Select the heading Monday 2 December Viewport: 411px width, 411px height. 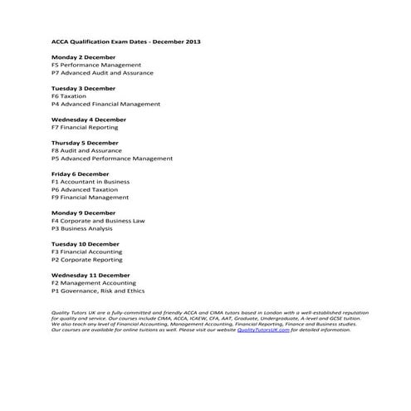coord(83,56)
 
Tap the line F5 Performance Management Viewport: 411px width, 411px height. coord(95,65)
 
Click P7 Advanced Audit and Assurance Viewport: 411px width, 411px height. coord(102,73)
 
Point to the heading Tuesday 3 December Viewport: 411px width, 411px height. coord(83,88)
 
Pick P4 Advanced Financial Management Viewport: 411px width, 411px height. coord(105,105)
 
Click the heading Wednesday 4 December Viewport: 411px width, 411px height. coord(89,120)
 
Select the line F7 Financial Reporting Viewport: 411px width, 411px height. coord(85,127)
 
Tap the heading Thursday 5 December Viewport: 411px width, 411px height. coord(85,143)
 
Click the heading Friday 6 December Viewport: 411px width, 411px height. coord(80,174)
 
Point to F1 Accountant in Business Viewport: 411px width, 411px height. coord(91,181)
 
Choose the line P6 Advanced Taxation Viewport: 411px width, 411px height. coord(84,189)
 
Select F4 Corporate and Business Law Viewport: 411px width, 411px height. coord(98,221)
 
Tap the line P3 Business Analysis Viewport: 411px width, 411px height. coord(82,228)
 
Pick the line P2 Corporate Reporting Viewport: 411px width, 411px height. coord(86,260)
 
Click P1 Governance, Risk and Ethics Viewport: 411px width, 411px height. coord(98,291)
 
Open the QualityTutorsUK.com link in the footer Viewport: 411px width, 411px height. coord(262,330)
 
